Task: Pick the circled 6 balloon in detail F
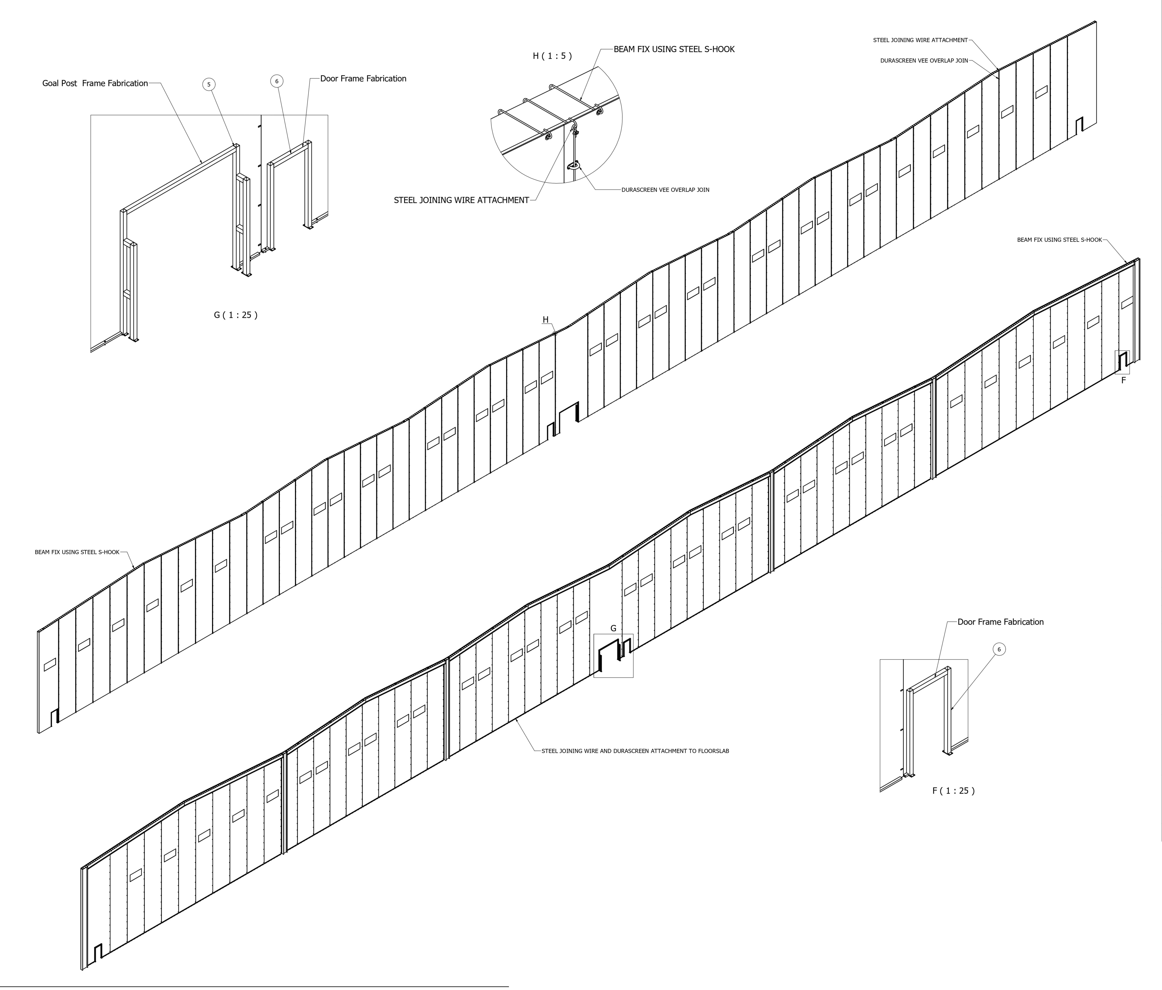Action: click(x=999, y=649)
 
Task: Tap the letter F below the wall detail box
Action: click(x=1123, y=380)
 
